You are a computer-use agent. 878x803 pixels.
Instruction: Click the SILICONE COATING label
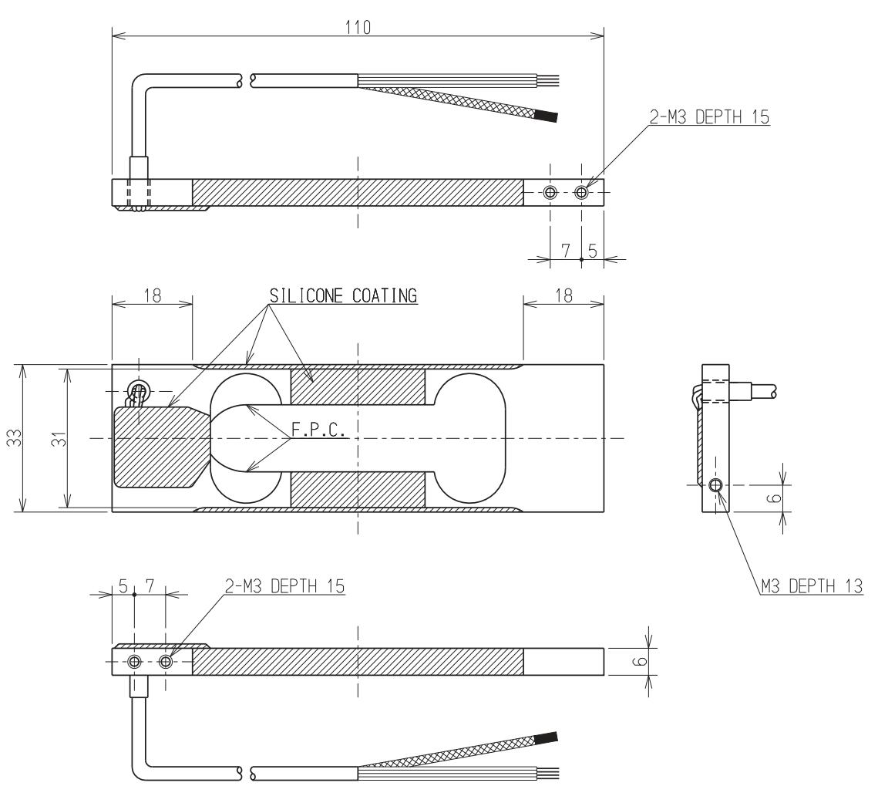[343, 295]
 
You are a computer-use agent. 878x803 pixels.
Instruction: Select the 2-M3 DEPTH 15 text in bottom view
[285, 588]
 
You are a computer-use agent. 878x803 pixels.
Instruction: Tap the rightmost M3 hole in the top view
[581, 192]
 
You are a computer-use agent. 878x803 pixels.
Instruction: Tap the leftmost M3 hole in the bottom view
[134, 662]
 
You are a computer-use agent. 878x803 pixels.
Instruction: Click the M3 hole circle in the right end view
[715, 485]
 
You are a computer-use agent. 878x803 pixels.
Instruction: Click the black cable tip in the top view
[547, 117]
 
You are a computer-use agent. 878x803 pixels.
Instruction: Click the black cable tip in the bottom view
[547, 737]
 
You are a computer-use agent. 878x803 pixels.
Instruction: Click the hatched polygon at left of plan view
[158, 447]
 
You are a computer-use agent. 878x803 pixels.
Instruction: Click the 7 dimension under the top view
[565, 251]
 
